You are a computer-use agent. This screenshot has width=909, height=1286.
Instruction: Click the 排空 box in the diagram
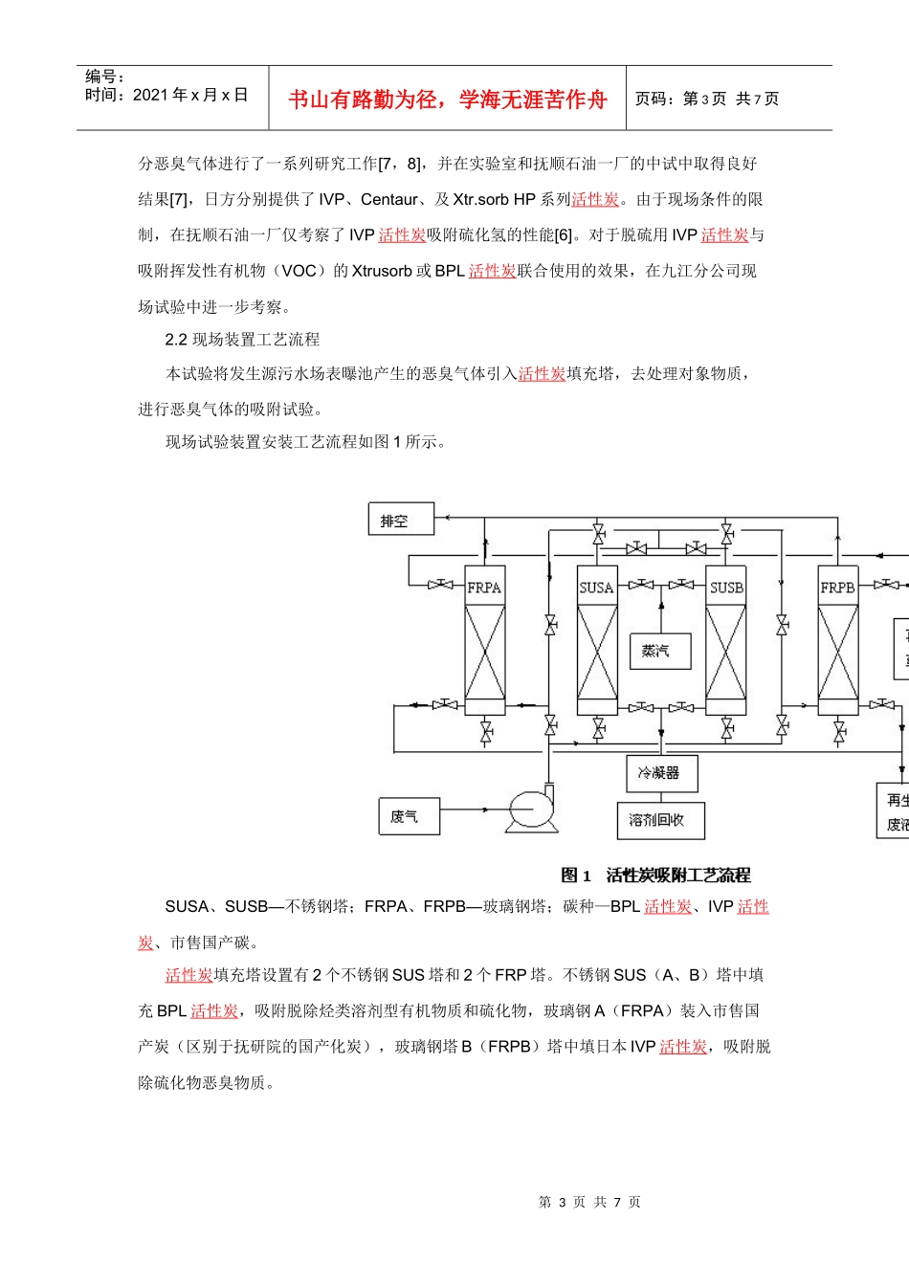tap(401, 520)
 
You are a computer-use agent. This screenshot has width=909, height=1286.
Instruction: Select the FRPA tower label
tap(484, 588)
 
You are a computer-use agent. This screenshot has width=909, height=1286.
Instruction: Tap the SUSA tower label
tap(596, 588)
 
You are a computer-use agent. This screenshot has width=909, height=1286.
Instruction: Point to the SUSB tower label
tap(726, 588)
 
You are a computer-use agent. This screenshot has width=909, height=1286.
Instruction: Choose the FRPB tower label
tap(837, 588)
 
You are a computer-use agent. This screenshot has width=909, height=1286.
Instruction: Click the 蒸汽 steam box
tap(659, 652)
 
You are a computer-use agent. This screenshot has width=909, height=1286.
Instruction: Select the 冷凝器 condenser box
tap(659, 773)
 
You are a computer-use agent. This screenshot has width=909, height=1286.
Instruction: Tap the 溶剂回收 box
tap(659, 820)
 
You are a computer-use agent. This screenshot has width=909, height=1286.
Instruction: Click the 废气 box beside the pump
tap(409, 816)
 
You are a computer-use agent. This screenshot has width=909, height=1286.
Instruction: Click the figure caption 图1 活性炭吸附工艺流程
tap(655, 876)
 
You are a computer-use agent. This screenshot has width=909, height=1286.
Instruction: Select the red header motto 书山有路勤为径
tap(448, 100)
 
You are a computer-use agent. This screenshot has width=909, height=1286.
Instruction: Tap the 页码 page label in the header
tap(654, 100)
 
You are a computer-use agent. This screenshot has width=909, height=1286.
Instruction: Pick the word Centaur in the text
tap(389, 199)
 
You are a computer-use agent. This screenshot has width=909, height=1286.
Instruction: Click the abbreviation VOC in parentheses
tap(299, 271)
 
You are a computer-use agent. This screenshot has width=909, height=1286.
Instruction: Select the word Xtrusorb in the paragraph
tap(382, 271)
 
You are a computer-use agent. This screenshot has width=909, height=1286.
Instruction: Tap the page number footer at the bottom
tap(589, 1202)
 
